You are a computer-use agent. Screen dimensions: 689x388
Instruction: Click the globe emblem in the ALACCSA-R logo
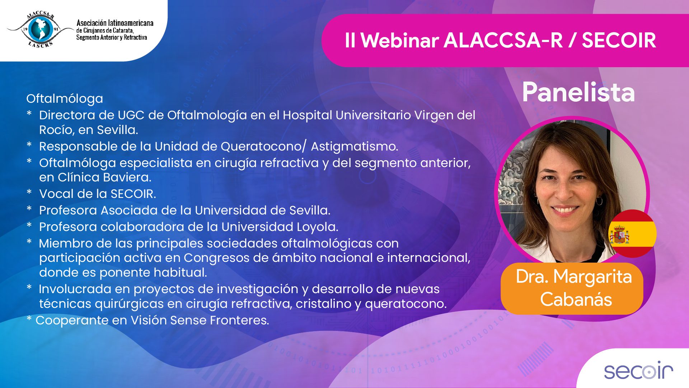(40, 29)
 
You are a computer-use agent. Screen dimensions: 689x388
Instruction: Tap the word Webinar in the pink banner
(399, 40)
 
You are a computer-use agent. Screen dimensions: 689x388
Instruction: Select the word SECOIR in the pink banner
(619, 40)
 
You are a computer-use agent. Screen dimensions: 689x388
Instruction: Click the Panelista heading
(578, 92)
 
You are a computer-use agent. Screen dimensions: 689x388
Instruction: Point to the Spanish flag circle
(632, 234)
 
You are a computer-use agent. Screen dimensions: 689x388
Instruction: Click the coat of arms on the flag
(619, 234)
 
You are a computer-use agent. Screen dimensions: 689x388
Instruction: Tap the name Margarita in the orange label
(592, 277)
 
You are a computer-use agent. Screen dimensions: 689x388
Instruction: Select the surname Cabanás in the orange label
(576, 299)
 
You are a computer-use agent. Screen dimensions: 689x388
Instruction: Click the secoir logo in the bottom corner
(638, 370)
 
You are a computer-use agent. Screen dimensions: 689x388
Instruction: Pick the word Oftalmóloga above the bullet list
(65, 99)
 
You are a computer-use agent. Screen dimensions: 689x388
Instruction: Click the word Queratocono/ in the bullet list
(264, 147)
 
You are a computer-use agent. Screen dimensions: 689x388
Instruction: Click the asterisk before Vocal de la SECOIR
(29, 192)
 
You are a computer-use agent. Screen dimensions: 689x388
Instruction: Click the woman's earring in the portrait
(599, 200)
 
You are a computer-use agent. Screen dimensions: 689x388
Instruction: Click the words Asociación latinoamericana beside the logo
(115, 23)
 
